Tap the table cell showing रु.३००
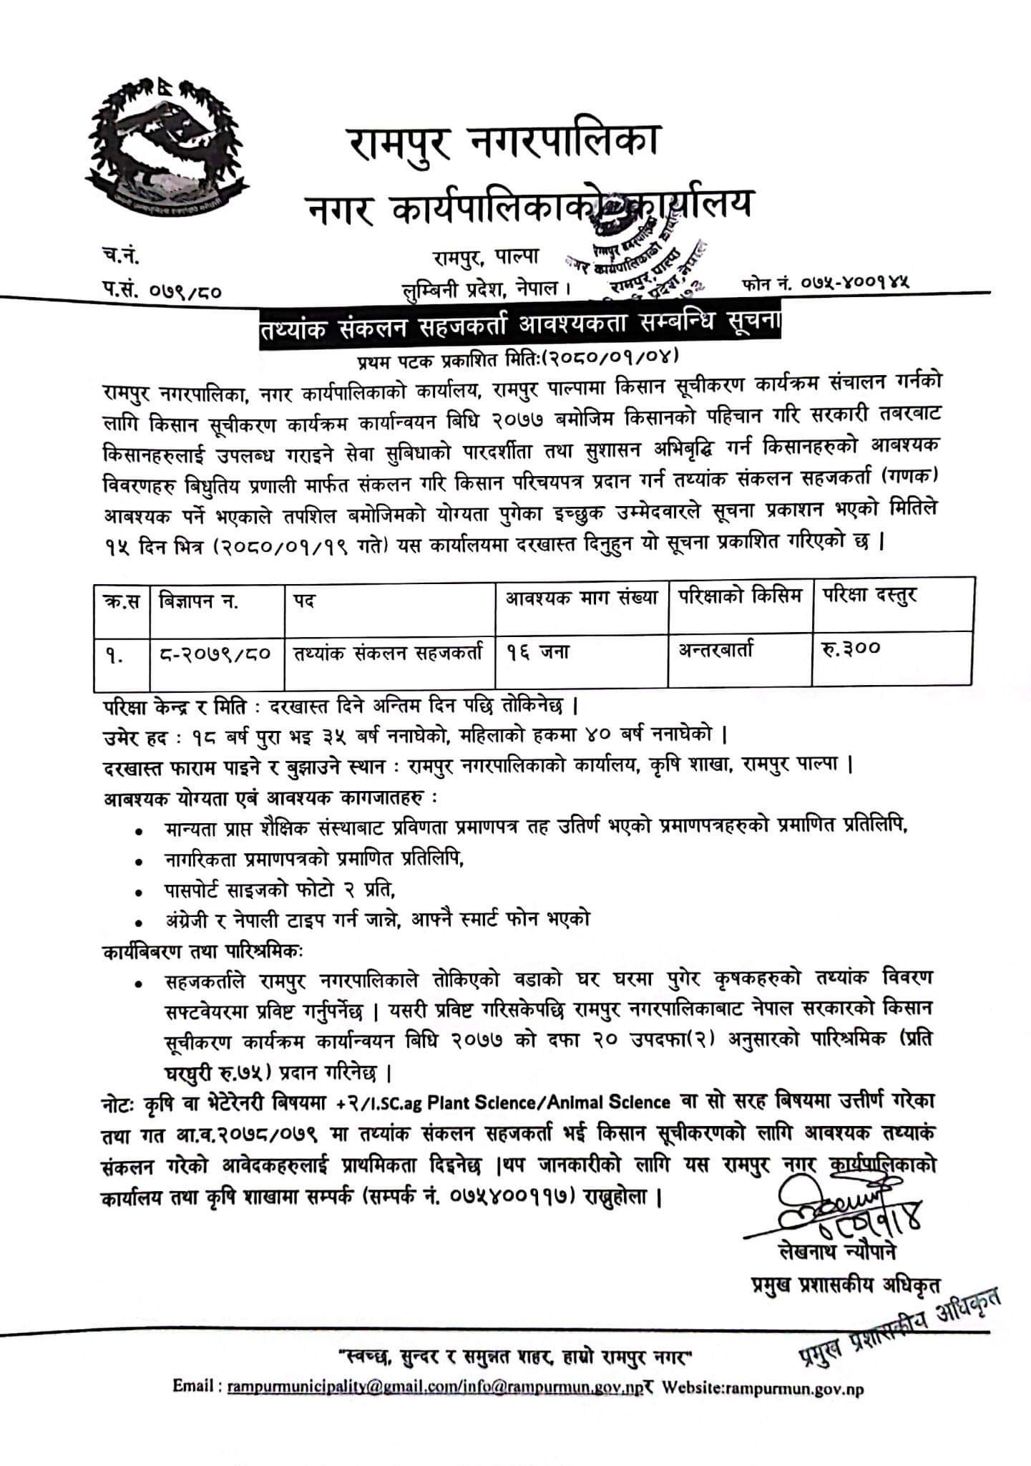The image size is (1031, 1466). pos(851,649)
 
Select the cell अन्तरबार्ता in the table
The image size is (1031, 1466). pos(715,650)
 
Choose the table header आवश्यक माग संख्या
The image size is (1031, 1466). pos(582,597)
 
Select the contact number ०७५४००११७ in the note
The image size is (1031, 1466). pos(512,1196)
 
